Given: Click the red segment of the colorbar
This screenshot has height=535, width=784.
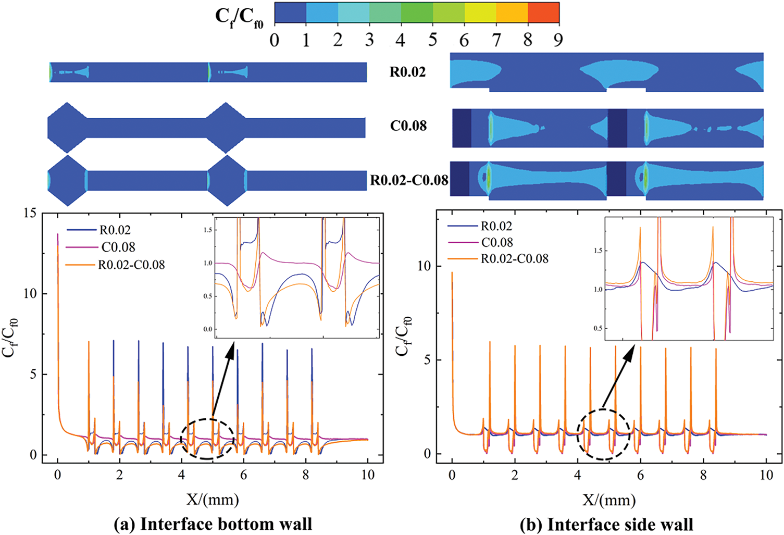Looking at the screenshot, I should (x=543, y=13).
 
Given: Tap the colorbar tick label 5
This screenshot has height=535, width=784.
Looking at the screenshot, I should (x=432, y=40).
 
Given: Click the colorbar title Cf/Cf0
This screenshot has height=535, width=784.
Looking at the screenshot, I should (x=239, y=18).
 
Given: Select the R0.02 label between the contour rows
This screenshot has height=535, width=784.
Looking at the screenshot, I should (x=408, y=72).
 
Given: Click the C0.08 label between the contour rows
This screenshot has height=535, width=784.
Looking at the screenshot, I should (x=408, y=126).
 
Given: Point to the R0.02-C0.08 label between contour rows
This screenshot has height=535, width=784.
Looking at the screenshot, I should (x=409, y=180).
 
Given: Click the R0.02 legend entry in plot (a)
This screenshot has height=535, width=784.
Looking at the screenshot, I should (x=115, y=230).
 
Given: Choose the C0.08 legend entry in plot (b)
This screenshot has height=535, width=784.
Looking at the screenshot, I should (x=497, y=242).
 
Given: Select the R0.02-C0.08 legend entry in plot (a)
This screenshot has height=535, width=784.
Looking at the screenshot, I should (x=131, y=265).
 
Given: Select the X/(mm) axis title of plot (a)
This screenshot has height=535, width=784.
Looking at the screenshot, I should (x=213, y=500).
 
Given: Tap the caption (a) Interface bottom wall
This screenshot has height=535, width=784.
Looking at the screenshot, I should (x=213, y=524).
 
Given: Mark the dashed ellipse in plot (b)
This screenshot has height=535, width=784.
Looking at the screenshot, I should (x=603, y=434).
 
